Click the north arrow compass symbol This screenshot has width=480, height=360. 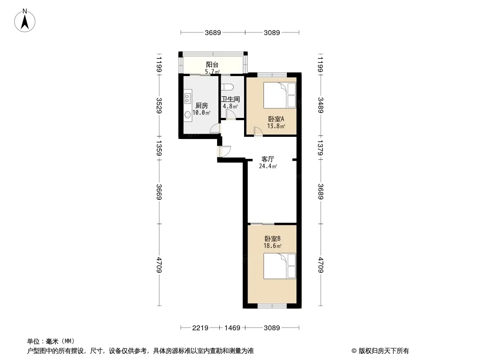[25, 21]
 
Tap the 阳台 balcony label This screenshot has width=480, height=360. [212, 64]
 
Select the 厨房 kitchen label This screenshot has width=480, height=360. [202, 105]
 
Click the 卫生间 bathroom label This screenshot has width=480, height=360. [231, 99]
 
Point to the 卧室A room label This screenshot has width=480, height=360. [276, 119]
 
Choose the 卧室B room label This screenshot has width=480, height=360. [272, 238]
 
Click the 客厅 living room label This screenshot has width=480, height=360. [267, 159]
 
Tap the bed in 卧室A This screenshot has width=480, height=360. [280, 95]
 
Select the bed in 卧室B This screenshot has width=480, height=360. [280, 266]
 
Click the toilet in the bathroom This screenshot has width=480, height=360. [227, 87]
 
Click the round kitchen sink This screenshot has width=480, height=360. [187, 115]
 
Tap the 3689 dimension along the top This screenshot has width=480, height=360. [213, 32]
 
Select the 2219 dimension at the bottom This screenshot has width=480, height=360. [200, 328]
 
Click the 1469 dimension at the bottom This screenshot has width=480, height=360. [232, 328]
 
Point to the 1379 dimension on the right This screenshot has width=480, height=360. [321, 148]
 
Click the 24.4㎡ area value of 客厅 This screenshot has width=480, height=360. [268, 166]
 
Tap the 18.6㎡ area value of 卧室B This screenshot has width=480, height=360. [272, 246]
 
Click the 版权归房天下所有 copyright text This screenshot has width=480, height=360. [384, 351]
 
